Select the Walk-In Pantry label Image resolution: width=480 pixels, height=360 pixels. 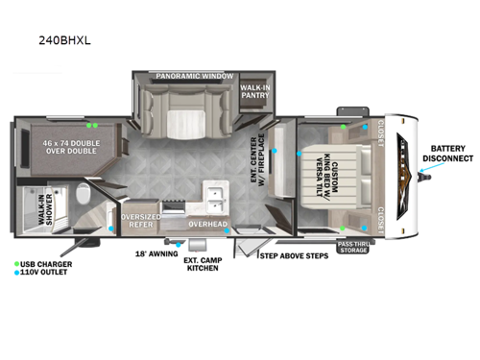(x=255, y=92)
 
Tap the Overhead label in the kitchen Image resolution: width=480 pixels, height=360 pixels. (x=207, y=224)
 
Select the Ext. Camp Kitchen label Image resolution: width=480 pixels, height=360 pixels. (x=203, y=263)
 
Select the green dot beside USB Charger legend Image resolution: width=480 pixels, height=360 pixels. (x=16, y=263)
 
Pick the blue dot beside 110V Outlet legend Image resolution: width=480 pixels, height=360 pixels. (x=16, y=272)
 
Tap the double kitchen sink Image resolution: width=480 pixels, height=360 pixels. (x=214, y=200)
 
